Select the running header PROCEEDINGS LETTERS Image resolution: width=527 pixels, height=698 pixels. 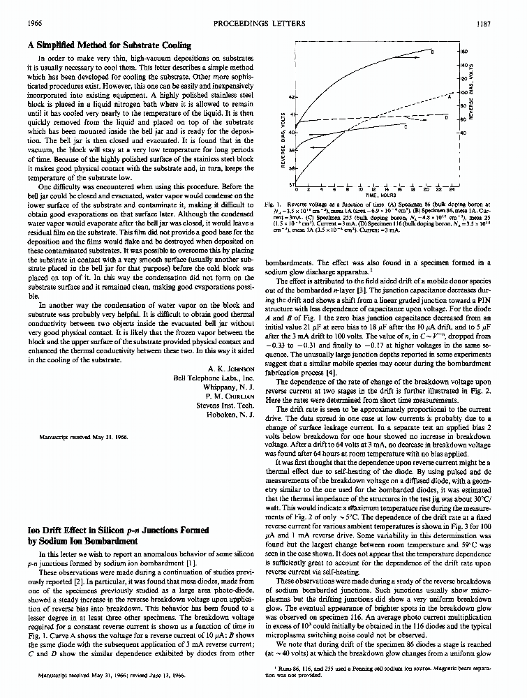tap(262, 23)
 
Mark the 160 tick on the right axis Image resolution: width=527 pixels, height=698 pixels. tap(463, 52)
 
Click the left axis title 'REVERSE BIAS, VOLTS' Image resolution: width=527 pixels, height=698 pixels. tap(281, 140)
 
